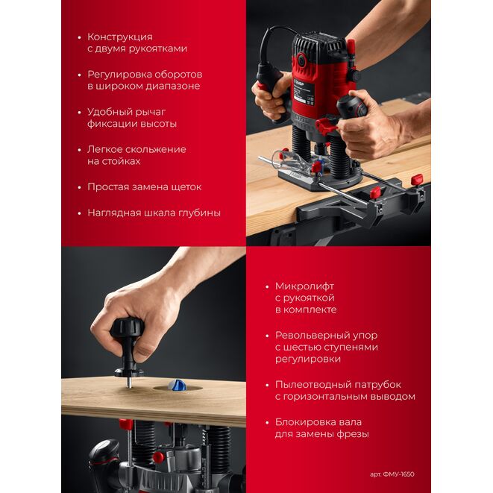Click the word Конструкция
click(120, 37)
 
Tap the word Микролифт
click(304, 286)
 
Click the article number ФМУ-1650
click(399, 474)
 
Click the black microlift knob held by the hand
click(127, 331)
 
